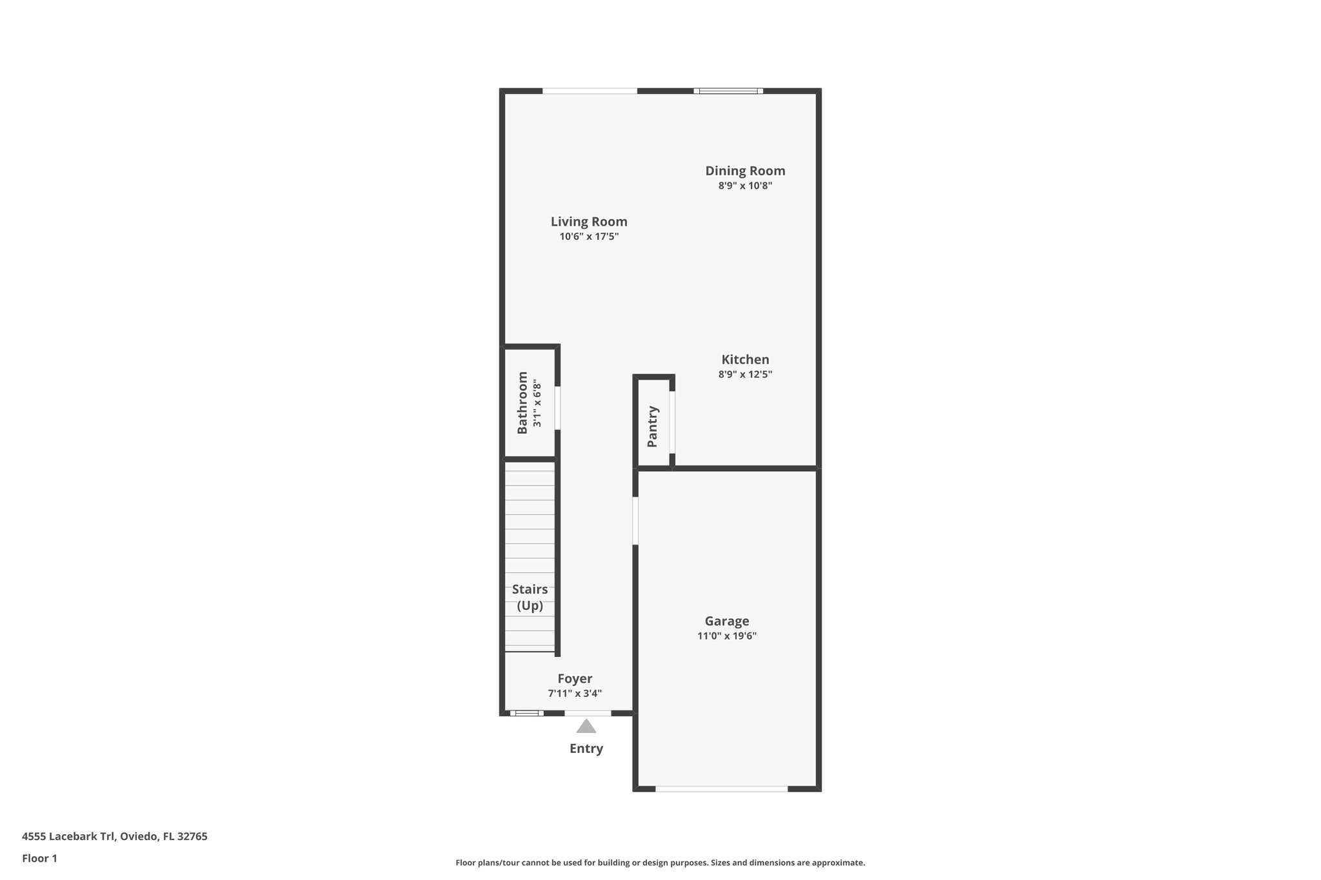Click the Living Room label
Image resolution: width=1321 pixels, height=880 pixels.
coord(589,222)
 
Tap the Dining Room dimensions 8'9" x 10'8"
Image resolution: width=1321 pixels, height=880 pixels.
coord(745,186)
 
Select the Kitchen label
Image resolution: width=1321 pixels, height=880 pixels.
coord(745,360)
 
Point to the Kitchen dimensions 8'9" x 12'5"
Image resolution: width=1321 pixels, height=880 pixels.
coord(745,375)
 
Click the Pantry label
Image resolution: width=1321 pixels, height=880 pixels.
coord(653,426)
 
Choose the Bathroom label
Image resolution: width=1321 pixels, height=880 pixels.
coord(522,402)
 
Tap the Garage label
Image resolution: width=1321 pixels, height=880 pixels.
coord(727,621)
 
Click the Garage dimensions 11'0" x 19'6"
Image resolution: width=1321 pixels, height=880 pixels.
coord(727,636)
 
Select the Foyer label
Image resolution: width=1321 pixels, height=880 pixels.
coord(575,679)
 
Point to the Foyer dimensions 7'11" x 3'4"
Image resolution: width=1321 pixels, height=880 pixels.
coord(575,694)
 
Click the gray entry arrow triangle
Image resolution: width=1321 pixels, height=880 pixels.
coord(586,727)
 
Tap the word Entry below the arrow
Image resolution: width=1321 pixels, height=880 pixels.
coord(586,748)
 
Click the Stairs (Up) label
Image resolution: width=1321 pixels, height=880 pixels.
coord(530,598)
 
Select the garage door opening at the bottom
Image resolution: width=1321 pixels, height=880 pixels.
coord(721,788)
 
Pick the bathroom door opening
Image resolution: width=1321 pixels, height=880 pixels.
coord(558,408)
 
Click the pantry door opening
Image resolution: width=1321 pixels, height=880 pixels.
coord(672,422)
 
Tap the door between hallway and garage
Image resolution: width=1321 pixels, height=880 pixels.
coord(635,520)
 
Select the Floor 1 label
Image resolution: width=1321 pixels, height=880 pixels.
coord(39,859)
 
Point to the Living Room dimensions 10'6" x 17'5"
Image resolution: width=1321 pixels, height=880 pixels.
coord(589,237)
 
